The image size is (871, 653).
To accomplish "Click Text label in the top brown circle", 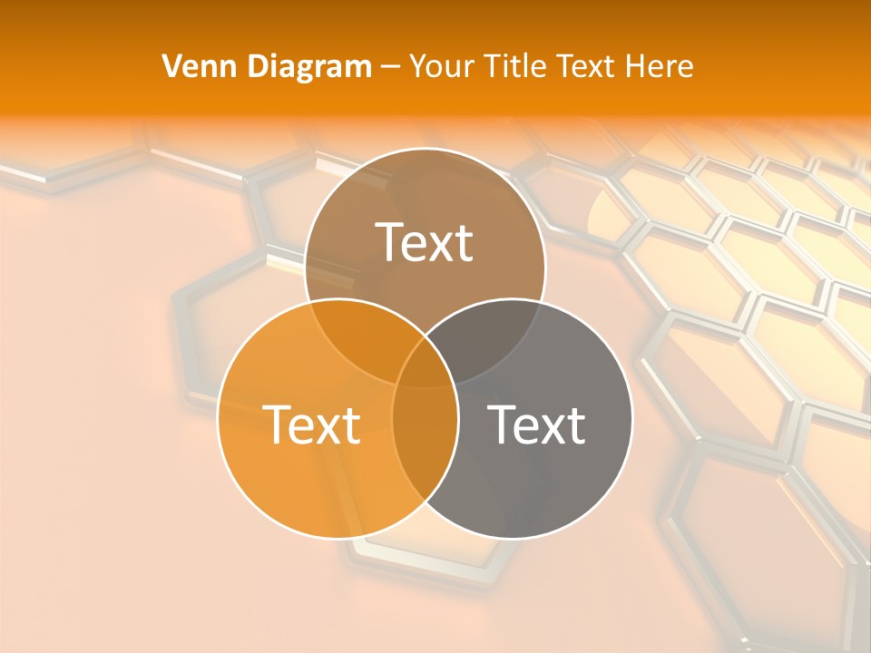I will (x=425, y=242).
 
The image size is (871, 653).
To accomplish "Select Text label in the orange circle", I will (x=311, y=424).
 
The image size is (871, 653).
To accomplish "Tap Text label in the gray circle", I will (x=536, y=424).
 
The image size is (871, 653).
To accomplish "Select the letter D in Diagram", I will (x=258, y=66).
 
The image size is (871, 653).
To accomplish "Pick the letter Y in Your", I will (x=417, y=66).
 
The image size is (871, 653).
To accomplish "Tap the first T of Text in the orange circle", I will (x=276, y=424).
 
